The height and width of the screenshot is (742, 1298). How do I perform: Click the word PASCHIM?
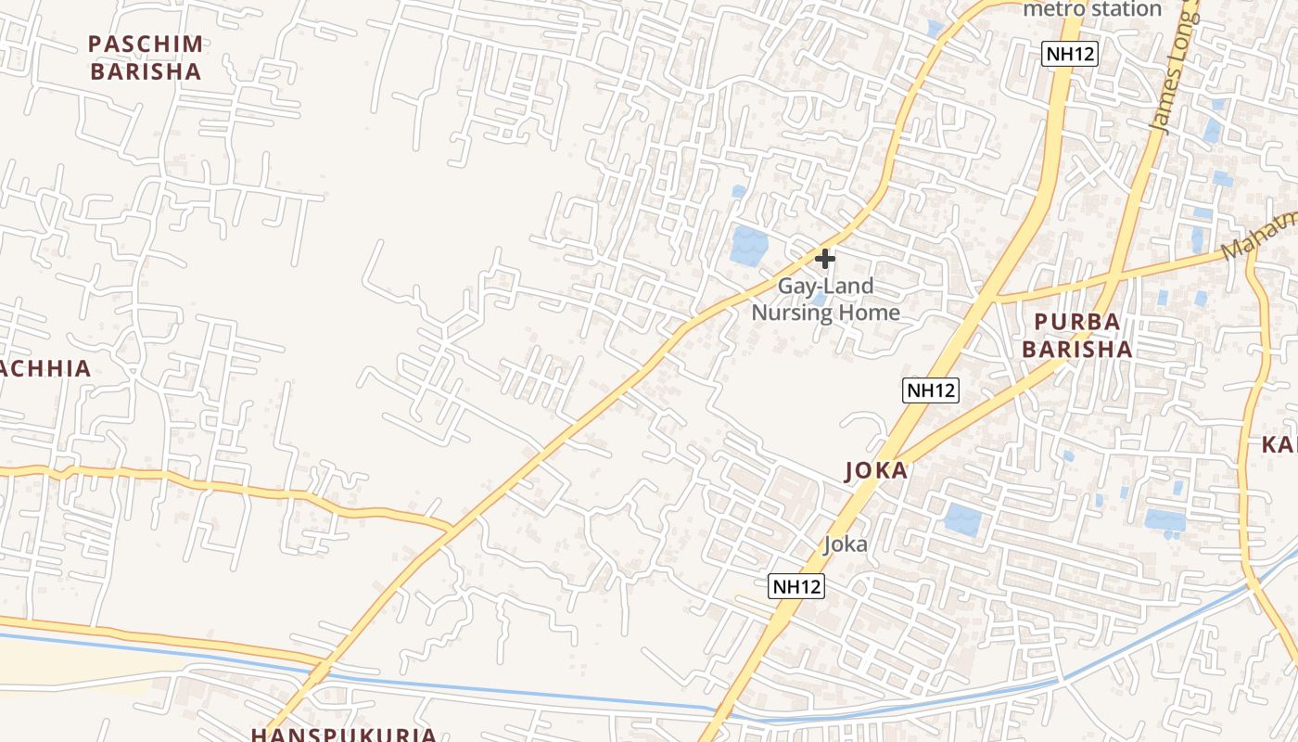click(x=146, y=44)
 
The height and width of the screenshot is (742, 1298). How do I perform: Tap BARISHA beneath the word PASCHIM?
click(x=146, y=71)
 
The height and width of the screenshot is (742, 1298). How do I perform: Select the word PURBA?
click(x=1076, y=322)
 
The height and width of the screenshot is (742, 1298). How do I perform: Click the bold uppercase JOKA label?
click(x=876, y=470)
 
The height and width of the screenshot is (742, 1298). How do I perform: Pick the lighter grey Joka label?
click(x=846, y=544)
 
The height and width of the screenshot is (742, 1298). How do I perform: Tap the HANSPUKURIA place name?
click(x=343, y=735)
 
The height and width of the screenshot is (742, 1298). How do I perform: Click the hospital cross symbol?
click(x=824, y=259)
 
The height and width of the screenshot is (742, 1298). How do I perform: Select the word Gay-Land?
click(x=825, y=286)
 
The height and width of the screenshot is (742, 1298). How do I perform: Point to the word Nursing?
click(x=791, y=312)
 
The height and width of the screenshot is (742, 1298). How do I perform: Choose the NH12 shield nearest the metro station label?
click(x=1070, y=54)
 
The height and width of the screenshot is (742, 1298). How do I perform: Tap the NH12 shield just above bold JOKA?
click(x=930, y=390)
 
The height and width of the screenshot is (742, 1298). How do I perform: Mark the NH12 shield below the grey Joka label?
click(x=796, y=586)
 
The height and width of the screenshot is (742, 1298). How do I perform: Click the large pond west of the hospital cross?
click(x=749, y=245)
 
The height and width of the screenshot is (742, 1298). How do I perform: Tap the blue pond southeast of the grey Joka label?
click(x=962, y=518)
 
